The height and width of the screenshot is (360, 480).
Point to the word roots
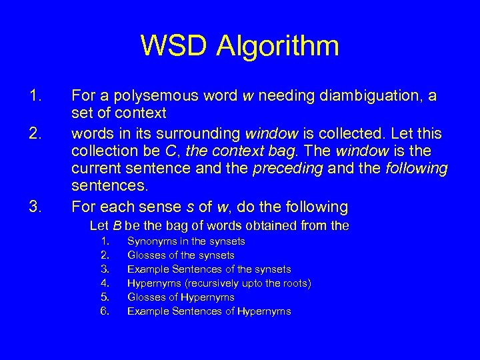click(294, 283)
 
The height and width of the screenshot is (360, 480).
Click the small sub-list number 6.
click(105, 311)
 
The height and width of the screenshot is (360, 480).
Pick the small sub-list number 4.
click(105, 283)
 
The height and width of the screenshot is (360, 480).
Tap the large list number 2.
click(36, 132)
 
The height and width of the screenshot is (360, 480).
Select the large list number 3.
click(36, 204)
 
